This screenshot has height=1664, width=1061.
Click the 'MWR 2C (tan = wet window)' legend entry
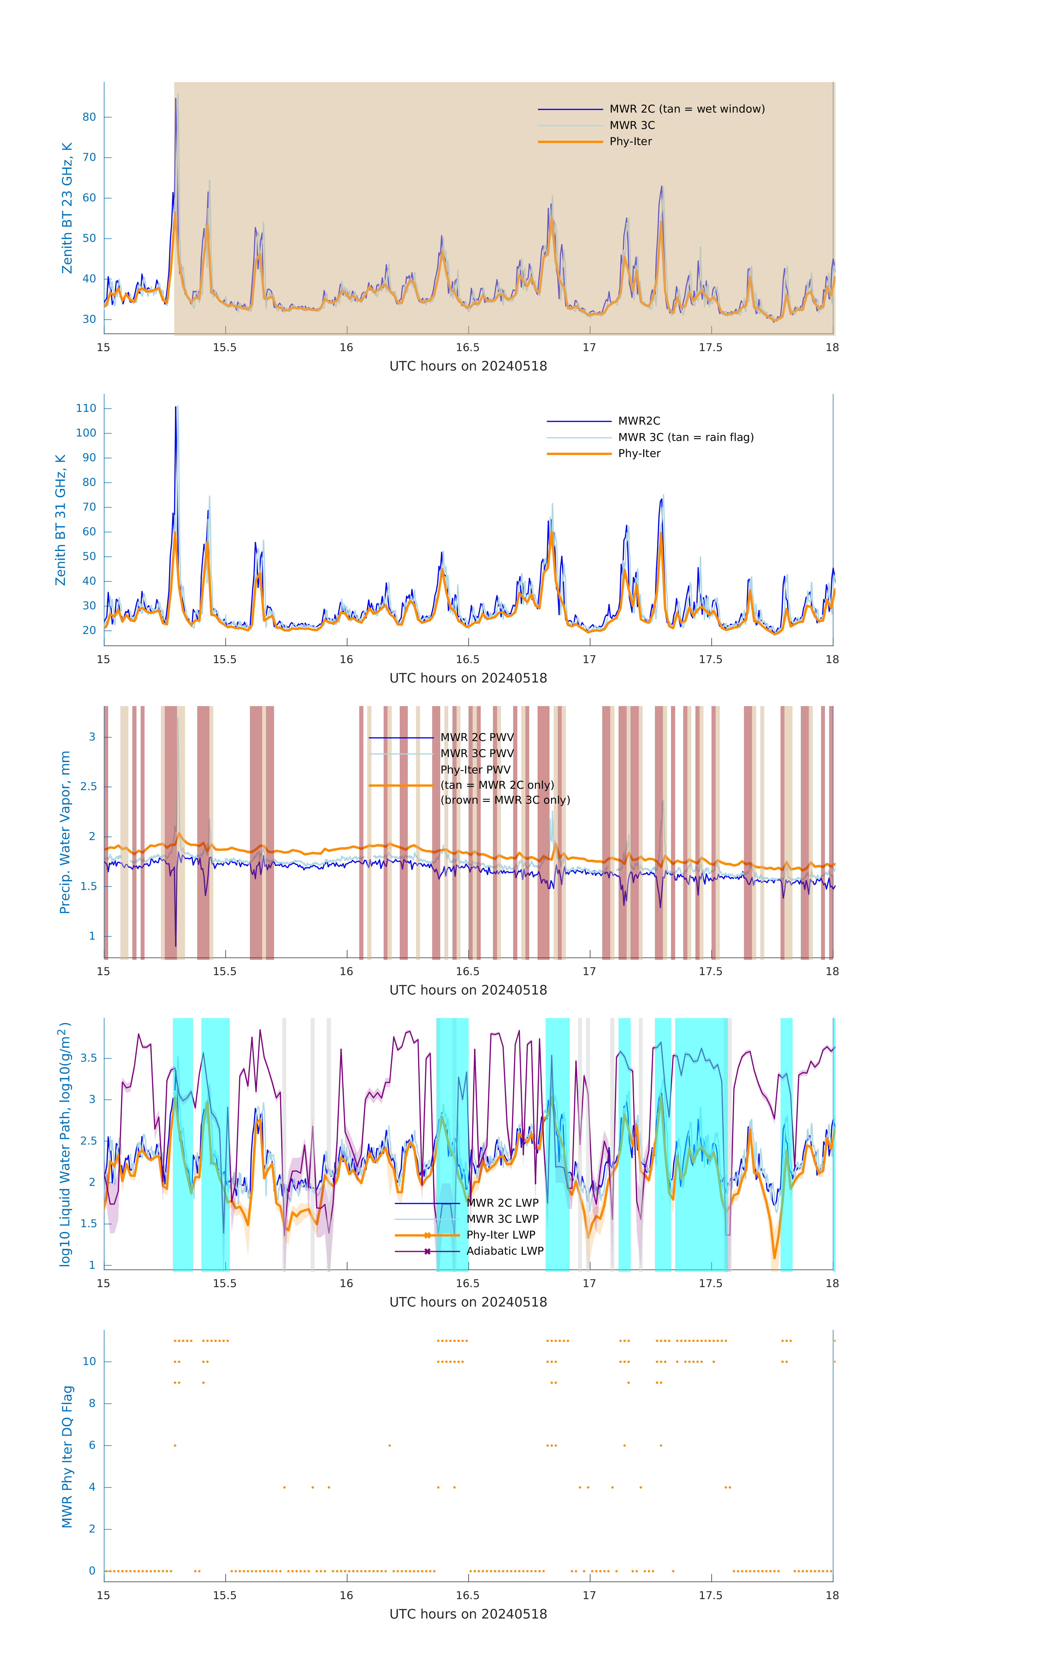pyautogui.click(x=686, y=109)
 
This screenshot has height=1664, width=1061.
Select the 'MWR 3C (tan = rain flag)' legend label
pyautogui.click(x=685, y=437)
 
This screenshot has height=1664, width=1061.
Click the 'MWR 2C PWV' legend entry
pyautogui.click(x=477, y=737)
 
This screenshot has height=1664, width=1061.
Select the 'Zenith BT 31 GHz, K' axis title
pyautogui.click(x=61, y=520)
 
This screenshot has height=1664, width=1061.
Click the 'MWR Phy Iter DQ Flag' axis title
pyautogui.click(x=67, y=1457)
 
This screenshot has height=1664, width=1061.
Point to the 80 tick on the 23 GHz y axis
pyautogui.click(x=89, y=117)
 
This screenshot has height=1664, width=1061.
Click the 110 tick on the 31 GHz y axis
pyautogui.click(x=86, y=409)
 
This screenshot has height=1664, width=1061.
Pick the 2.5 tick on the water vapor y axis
pyautogui.click(x=88, y=787)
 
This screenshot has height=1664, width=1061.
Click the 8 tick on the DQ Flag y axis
pyautogui.click(x=92, y=1404)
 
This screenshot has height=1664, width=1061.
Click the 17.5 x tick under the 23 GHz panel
pyautogui.click(x=711, y=347)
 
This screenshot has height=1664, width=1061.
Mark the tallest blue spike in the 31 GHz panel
pyautogui.click(x=176, y=408)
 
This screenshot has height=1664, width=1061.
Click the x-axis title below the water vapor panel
pyautogui.click(x=468, y=990)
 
